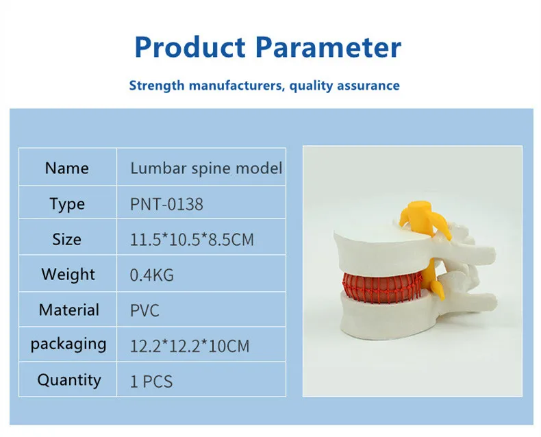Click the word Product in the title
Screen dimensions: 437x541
coord(190,47)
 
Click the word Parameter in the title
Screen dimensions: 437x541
coord(328,47)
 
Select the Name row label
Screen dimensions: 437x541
coord(66,168)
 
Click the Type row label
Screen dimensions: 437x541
coord(66,203)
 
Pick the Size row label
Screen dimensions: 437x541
coord(66,239)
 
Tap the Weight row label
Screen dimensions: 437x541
coord(68,275)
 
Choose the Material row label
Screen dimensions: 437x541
coord(68,310)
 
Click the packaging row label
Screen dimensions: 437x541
coord(68,345)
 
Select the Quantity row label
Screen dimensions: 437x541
coord(68,379)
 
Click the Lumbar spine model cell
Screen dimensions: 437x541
coord(206,168)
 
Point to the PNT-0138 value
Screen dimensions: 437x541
coord(166,204)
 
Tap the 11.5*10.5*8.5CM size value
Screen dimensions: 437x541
coord(192,240)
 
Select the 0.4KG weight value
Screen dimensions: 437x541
coord(151,275)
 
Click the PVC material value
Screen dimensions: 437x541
coord(144,310)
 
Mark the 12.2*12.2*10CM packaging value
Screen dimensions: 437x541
coord(190,346)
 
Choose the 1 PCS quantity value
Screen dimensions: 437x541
coord(151,381)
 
